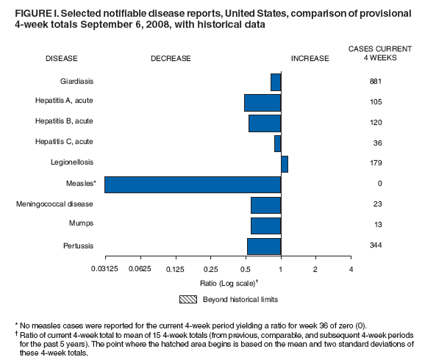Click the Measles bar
193,184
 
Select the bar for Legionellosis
284,164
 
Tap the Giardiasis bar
276,82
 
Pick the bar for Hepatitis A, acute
262,102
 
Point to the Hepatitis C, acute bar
277,143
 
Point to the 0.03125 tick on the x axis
105,269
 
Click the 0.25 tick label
210,269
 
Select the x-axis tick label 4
351,269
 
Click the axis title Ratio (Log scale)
227,283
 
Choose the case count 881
375,81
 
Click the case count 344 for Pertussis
375,245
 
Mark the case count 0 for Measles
375,183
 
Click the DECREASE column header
171,57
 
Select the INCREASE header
310,57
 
